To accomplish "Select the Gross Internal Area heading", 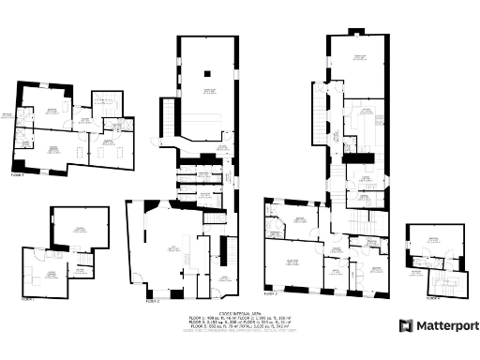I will click(x=238, y=313).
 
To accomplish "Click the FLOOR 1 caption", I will click(x=28, y=298).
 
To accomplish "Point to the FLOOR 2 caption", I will click(x=153, y=302).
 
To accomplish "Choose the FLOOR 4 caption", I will click(x=432, y=298).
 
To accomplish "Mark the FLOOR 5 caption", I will click(x=18, y=174).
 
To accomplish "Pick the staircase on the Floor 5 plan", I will click(x=107, y=101).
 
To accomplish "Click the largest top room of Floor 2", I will click(x=211, y=89).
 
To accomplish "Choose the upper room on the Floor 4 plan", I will click(x=434, y=241).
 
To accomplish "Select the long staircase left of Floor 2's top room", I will click(x=170, y=117).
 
